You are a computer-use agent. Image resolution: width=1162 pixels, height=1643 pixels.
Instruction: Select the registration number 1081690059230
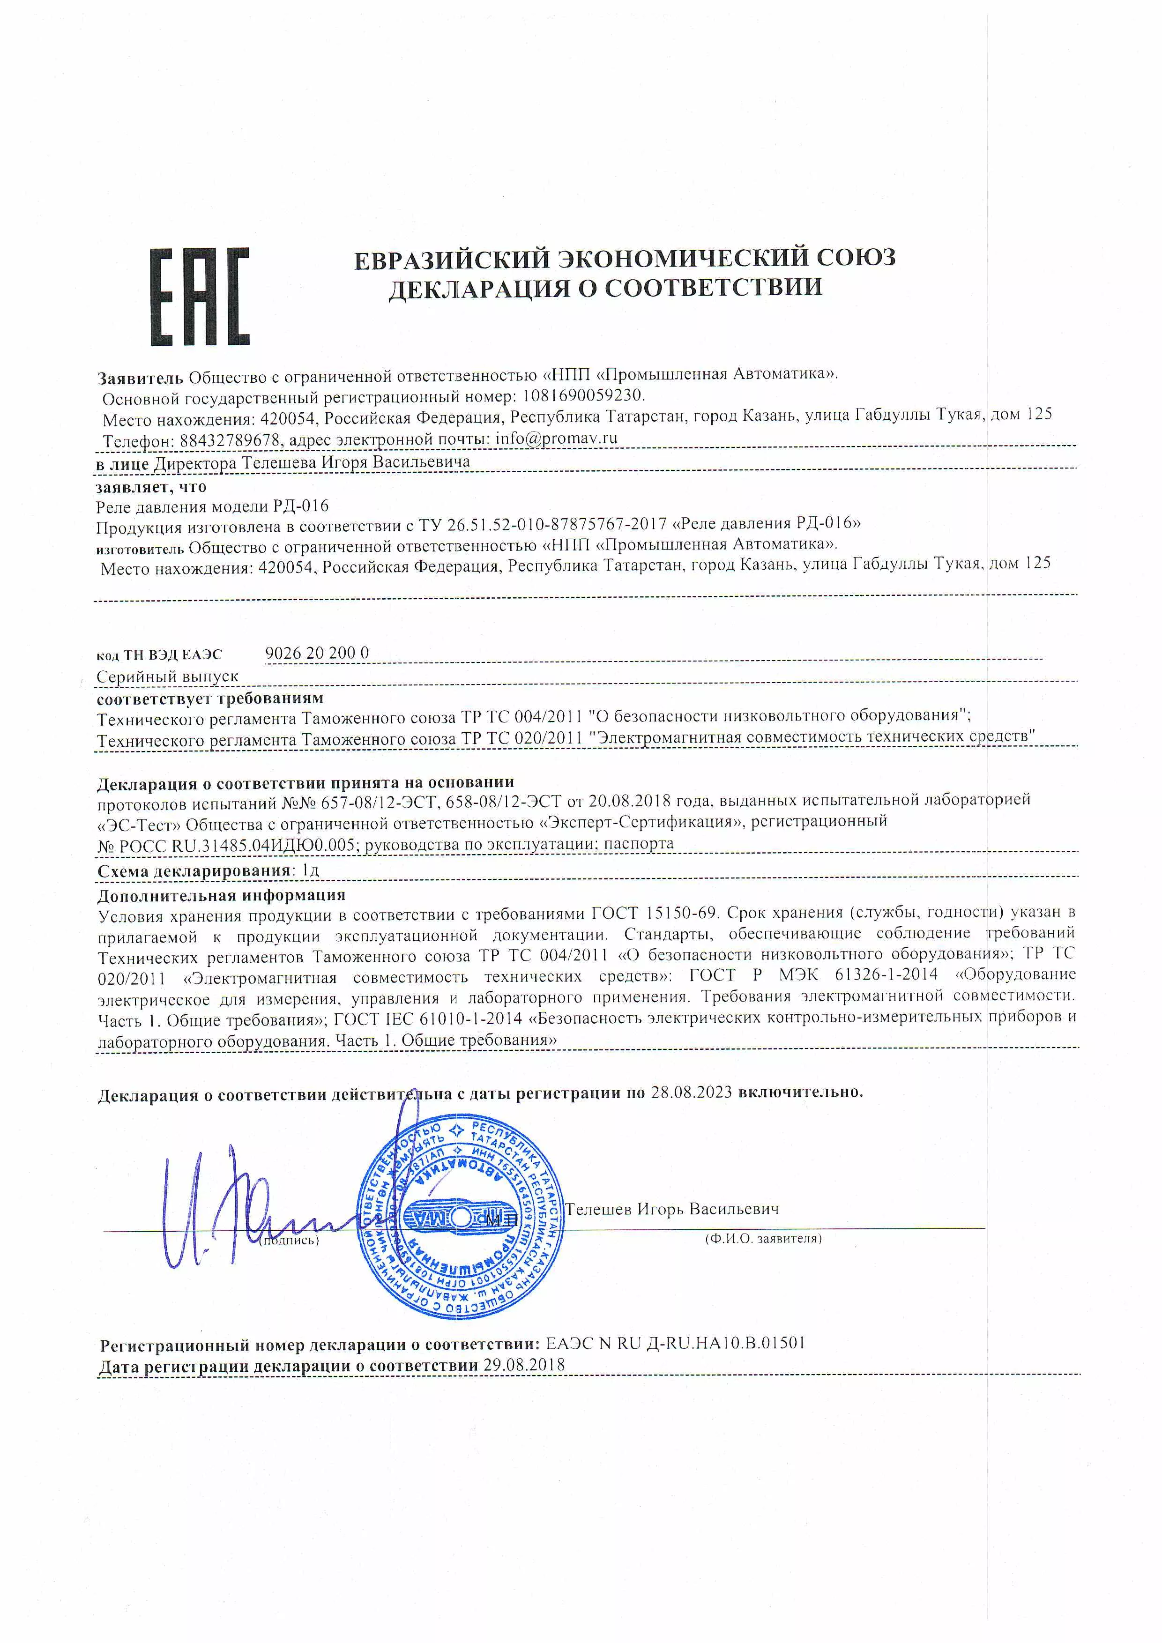pyautogui.click(x=583, y=395)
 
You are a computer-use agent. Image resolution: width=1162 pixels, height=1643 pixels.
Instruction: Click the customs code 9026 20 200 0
pyautogui.click(x=317, y=653)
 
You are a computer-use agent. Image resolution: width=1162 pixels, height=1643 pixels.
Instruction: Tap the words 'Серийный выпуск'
pyautogui.click(x=167, y=676)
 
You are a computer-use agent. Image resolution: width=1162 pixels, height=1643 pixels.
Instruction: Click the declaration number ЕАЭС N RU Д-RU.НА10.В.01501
pyautogui.click(x=676, y=1343)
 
